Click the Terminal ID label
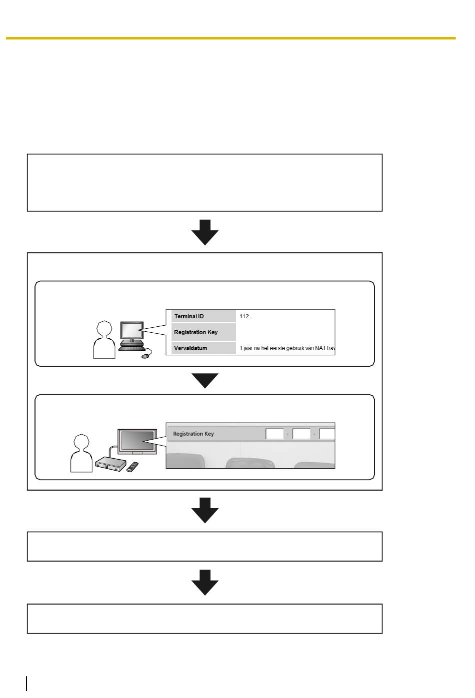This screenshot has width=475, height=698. click(x=188, y=316)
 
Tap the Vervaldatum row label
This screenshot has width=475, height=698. click(x=190, y=348)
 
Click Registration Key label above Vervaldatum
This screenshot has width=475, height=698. click(x=195, y=332)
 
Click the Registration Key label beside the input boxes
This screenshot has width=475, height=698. click(x=193, y=434)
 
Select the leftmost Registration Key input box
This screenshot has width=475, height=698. click(x=274, y=434)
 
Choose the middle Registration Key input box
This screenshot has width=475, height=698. click(x=301, y=434)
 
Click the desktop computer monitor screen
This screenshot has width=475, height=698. click(x=131, y=330)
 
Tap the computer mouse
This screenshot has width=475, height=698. click(x=145, y=357)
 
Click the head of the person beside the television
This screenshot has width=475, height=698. click(x=81, y=442)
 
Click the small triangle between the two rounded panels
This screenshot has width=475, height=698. click(x=205, y=381)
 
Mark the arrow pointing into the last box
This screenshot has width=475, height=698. click(x=205, y=583)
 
